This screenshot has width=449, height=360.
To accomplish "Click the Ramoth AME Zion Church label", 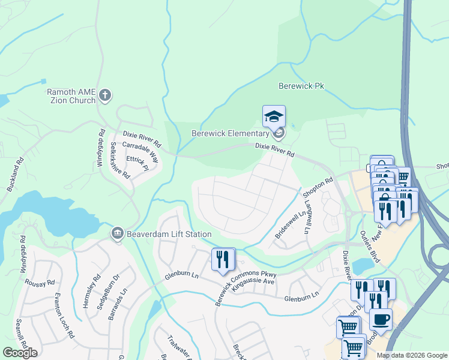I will click(71, 96).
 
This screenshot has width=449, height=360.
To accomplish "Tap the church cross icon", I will click(105, 95).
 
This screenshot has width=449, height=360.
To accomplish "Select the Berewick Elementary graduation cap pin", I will click(274, 116).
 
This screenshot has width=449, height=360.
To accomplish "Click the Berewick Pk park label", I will click(301, 86).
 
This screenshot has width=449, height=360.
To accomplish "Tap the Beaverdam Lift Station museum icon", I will click(117, 233).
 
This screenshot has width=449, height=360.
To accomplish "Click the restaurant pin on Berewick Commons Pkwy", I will click(223, 259).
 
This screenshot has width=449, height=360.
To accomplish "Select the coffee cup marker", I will click(381, 319).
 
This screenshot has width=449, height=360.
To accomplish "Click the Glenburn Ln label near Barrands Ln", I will click(182, 276).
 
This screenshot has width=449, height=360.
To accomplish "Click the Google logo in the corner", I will click(20, 352).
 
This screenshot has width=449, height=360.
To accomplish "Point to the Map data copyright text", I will click(412, 355).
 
